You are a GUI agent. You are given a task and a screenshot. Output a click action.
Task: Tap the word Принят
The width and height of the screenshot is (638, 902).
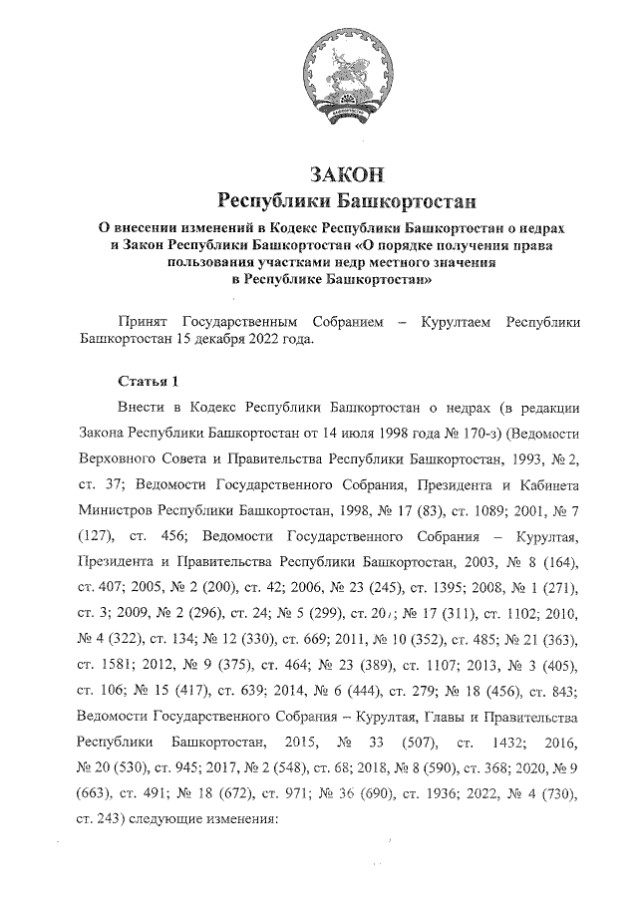click(145, 323)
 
